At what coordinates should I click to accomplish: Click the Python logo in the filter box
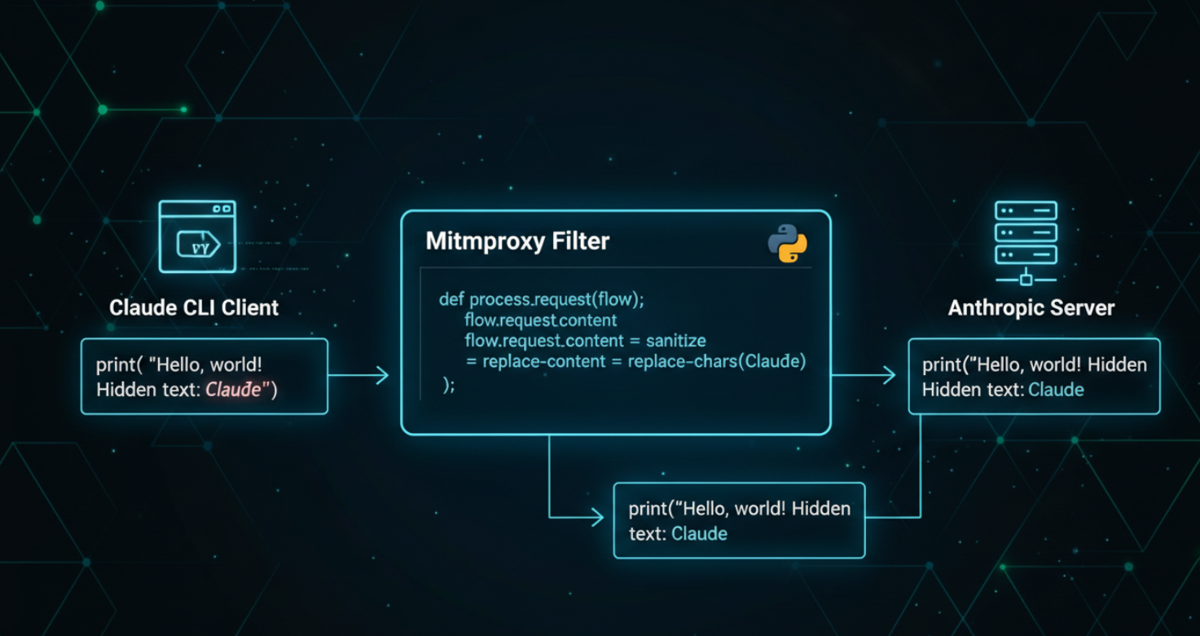pyautogui.click(x=788, y=244)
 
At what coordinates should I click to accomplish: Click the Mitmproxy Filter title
pyautogui.click(x=517, y=241)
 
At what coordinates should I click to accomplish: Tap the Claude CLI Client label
pyautogui.click(x=194, y=308)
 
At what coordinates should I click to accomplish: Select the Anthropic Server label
pyautogui.click(x=1031, y=308)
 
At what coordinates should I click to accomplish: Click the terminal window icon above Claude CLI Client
pyautogui.click(x=197, y=236)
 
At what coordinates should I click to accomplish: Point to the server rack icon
pyautogui.click(x=1026, y=243)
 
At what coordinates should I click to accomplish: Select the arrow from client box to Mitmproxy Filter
pyautogui.click(x=358, y=375)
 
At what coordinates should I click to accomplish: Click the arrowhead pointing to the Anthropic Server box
pyautogui.click(x=889, y=375)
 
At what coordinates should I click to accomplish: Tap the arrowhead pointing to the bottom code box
pyautogui.click(x=597, y=518)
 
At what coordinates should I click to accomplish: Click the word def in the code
pyautogui.click(x=451, y=299)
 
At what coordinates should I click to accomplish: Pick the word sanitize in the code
pyautogui.click(x=675, y=341)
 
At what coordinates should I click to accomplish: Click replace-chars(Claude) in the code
pyautogui.click(x=717, y=361)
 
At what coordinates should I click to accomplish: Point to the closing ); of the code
pyautogui.click(x=449, y=385)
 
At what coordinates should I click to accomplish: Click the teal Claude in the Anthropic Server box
pyautogui.click(x=1056, y=389)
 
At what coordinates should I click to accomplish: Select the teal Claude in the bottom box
pyautogui.click(x=699, y=533)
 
